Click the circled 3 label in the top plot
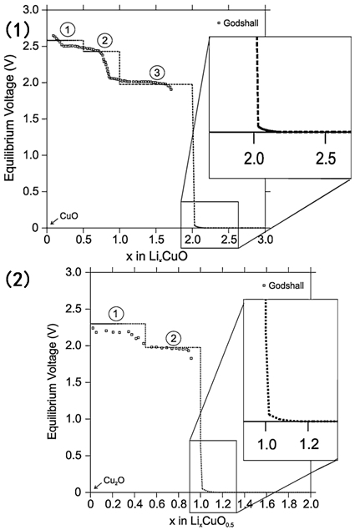(x=157, y=73)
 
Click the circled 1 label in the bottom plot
(x=116, y=315)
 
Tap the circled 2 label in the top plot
(x=104, y=41)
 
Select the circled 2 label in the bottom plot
(x=174, y=338)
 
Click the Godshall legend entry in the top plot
(x=238, y=23)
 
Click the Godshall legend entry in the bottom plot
(x=283, y=285)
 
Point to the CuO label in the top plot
(x=69, y=215)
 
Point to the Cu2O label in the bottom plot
(x=114, y=480)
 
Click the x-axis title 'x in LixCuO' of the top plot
(x=157, y=256)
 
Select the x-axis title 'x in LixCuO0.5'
(x=201, y=522)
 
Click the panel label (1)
(x=18, y=31)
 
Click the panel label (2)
(x=18, y=280)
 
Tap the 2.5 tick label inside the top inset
(x=326, y=159)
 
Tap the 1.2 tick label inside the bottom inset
(x=309, y=444)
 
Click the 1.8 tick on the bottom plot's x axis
(x=288, y=505)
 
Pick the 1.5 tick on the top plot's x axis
(x=155, y=240)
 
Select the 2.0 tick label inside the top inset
(x=254, y=159)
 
